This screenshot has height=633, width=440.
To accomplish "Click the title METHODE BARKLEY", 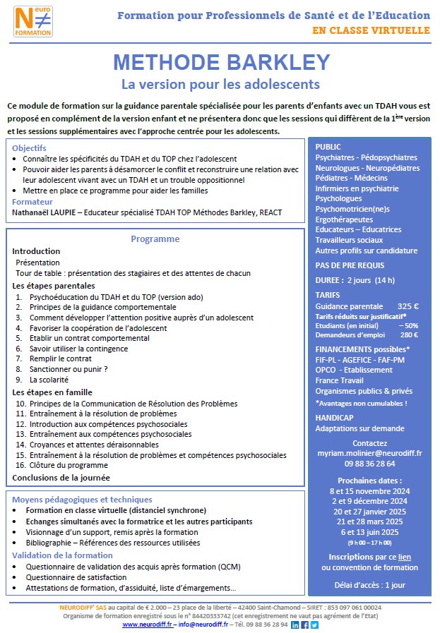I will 220,63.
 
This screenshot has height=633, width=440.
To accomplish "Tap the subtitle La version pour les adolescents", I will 220,85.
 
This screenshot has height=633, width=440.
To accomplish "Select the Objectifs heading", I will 29,148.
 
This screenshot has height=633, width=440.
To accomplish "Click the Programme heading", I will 155,239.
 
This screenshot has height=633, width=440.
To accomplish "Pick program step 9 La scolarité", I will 53,379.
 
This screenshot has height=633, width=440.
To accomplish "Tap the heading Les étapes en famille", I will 52,392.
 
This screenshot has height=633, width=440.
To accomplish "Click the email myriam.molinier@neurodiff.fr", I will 370,452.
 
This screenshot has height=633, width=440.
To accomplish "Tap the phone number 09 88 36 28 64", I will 370,464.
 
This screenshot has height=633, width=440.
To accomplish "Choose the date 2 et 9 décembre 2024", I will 370,501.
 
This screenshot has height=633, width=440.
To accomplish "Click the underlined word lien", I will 405,557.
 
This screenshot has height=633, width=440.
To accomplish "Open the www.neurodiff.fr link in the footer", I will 147,625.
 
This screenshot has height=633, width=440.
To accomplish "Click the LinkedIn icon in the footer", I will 295,625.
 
